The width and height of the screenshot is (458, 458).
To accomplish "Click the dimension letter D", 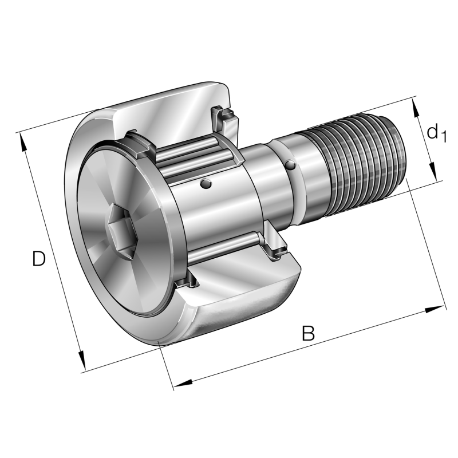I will tap(38, 259).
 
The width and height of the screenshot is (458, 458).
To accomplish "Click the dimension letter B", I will tap(309, 333).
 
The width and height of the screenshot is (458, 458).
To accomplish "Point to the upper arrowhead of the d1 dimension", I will tap(416, 112).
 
